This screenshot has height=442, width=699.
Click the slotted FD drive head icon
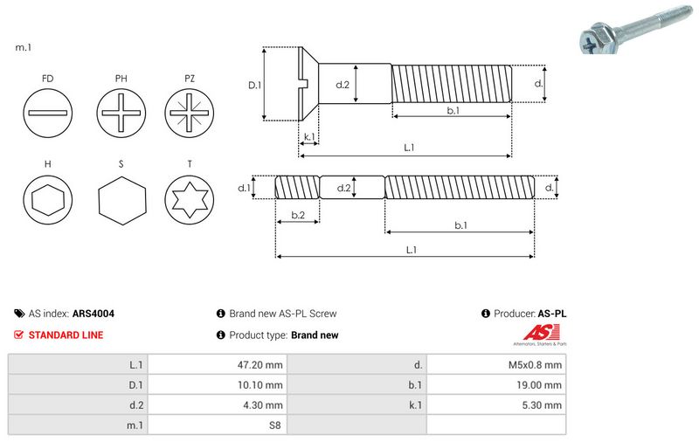[x=47, y=114]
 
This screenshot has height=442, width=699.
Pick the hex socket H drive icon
[x=47, y=201]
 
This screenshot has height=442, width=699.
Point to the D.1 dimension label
[x=255, y=85]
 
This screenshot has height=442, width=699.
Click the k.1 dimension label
[x=308, y=137]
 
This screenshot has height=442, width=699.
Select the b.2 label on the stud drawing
[x=297, y=215]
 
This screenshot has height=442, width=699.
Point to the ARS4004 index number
[x=93, y=313]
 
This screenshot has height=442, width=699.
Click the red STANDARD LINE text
[x=66, y=335]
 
